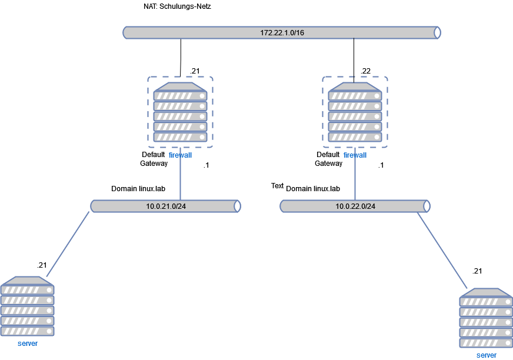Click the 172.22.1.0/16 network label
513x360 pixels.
tap(282, 32)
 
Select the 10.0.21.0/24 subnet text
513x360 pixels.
tap(166, 206)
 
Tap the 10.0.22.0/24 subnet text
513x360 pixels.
tap(355, 206)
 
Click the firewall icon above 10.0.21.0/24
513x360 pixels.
tap(180, 112)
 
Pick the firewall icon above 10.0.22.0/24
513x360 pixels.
tap(355, 112)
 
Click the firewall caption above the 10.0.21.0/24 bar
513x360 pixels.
tap(180, 155)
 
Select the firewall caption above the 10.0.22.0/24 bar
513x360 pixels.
tap(355, 155)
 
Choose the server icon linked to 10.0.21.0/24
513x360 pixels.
tap(28, 306)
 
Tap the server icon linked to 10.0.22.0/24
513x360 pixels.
tap(486, 318)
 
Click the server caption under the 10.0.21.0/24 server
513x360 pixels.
tap(28, 344)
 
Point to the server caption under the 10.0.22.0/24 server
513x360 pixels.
tap(486, 355)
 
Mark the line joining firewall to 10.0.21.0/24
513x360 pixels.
tap(180, 179)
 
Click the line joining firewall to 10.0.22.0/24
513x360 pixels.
tap(355, 179)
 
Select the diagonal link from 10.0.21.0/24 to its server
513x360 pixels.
tap(68, 245)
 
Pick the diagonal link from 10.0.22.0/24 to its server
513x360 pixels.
tap(442, 251)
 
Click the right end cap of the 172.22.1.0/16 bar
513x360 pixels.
tap(437, 32)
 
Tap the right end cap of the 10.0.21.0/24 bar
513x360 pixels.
tap(238, 206)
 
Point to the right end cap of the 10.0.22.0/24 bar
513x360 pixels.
tap(427, 206)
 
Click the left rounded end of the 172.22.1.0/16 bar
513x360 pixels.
tap(126, 32)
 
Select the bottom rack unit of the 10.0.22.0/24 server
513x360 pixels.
tap(486, 343)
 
